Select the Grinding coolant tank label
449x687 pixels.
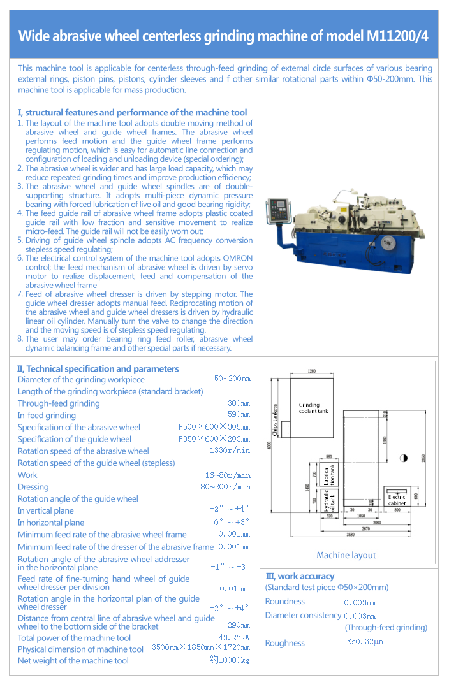pyautogui.click(x=313, y=408)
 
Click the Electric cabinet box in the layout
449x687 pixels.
pyautogui.click(x=397, y=500)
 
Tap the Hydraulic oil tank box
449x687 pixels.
pyautogui.click(x=327, y=500)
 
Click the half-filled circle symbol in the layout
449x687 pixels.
pyautogui.click(x=403, y=458)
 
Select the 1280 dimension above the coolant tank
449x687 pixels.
pyautogui.click(x=312, y=372)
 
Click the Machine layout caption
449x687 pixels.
pyautogui.click(x=346, y=555)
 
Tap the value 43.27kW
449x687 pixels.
pyautogui.click(x=234, y=637)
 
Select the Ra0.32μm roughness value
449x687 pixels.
pyautogui.click(x=365, y=642)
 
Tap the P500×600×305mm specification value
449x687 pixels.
pyautogui.click(x=214, y=427)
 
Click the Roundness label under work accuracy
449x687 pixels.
pyautogui.click(x=284, y=601)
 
